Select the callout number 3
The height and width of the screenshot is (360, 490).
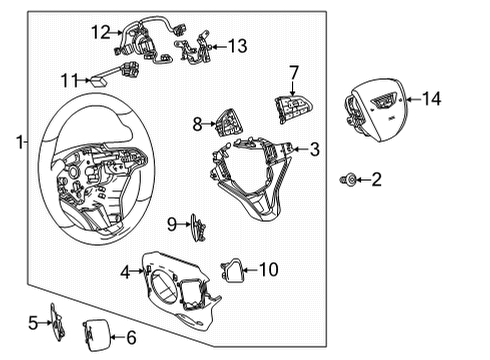click(314, 150)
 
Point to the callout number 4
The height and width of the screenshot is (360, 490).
click(126, 270)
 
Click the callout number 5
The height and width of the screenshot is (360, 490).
click(33, 322)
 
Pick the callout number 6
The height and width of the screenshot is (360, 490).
click(130, 338)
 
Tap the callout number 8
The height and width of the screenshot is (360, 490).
click(198, 124)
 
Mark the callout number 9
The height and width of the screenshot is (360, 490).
click(172, 222)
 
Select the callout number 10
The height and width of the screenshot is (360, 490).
click(269, 268)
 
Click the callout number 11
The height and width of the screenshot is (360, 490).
click(68, 79)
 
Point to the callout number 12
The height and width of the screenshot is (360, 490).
click(100, 32)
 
